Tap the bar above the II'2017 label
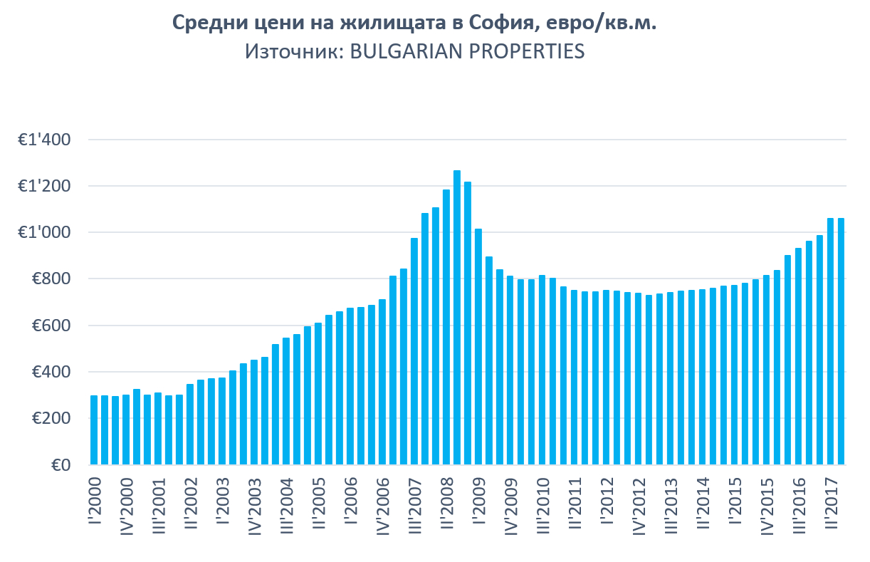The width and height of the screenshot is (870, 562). coord(830,341)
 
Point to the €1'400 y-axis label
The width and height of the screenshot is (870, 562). coord(44,140)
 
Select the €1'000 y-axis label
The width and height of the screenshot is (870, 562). coord(44,233)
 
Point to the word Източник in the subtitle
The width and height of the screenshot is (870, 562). coord(283,51)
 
